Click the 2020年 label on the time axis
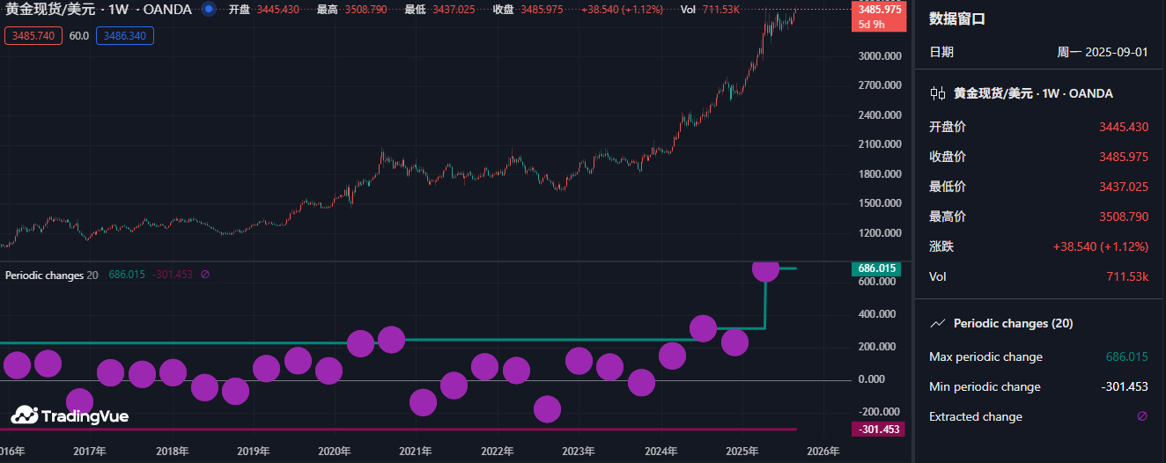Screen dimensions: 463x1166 (x=334, y=452)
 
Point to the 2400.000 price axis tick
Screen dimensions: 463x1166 (x=879, y=115)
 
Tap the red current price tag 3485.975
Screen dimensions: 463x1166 (x=879, y=10)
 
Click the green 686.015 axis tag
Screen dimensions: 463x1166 (x=876, y=268)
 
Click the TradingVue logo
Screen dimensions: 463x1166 (x=70, y=415)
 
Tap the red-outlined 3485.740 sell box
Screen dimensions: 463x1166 (x=33, y=36)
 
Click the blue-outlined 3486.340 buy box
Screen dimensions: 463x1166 (x=125, y=36)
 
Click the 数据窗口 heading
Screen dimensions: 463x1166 (x=958, y=18)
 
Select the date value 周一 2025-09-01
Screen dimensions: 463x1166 (x=1103, y=52)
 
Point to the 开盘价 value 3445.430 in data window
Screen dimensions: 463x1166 (x=1124, y=127)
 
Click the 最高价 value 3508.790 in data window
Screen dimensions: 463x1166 (x=1124, y=217)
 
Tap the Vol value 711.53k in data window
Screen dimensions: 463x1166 (x=1127, y=276)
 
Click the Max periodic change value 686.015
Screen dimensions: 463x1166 (x=1126, y=357)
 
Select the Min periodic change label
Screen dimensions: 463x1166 (x=985, y=387)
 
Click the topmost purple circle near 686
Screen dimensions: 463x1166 (x=765, y=268)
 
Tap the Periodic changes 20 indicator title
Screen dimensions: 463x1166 (x=51, y=275)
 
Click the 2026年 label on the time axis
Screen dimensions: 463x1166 (x=823, y=452)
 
